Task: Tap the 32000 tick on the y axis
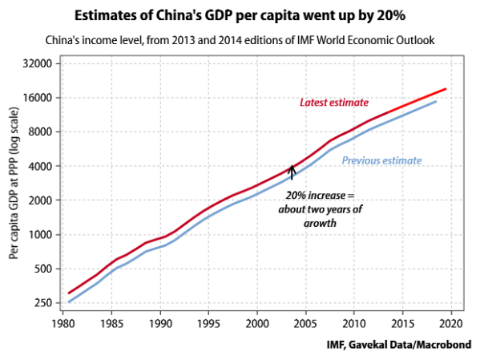[38, 64]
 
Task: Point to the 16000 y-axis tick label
[38, 98]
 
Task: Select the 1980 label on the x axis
[64, 325]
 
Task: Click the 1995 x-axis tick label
[208, 325]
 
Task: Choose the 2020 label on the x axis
[450, 325]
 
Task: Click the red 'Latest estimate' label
[333, 103]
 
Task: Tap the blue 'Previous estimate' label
[381, 160]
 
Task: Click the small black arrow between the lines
[292, 170]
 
